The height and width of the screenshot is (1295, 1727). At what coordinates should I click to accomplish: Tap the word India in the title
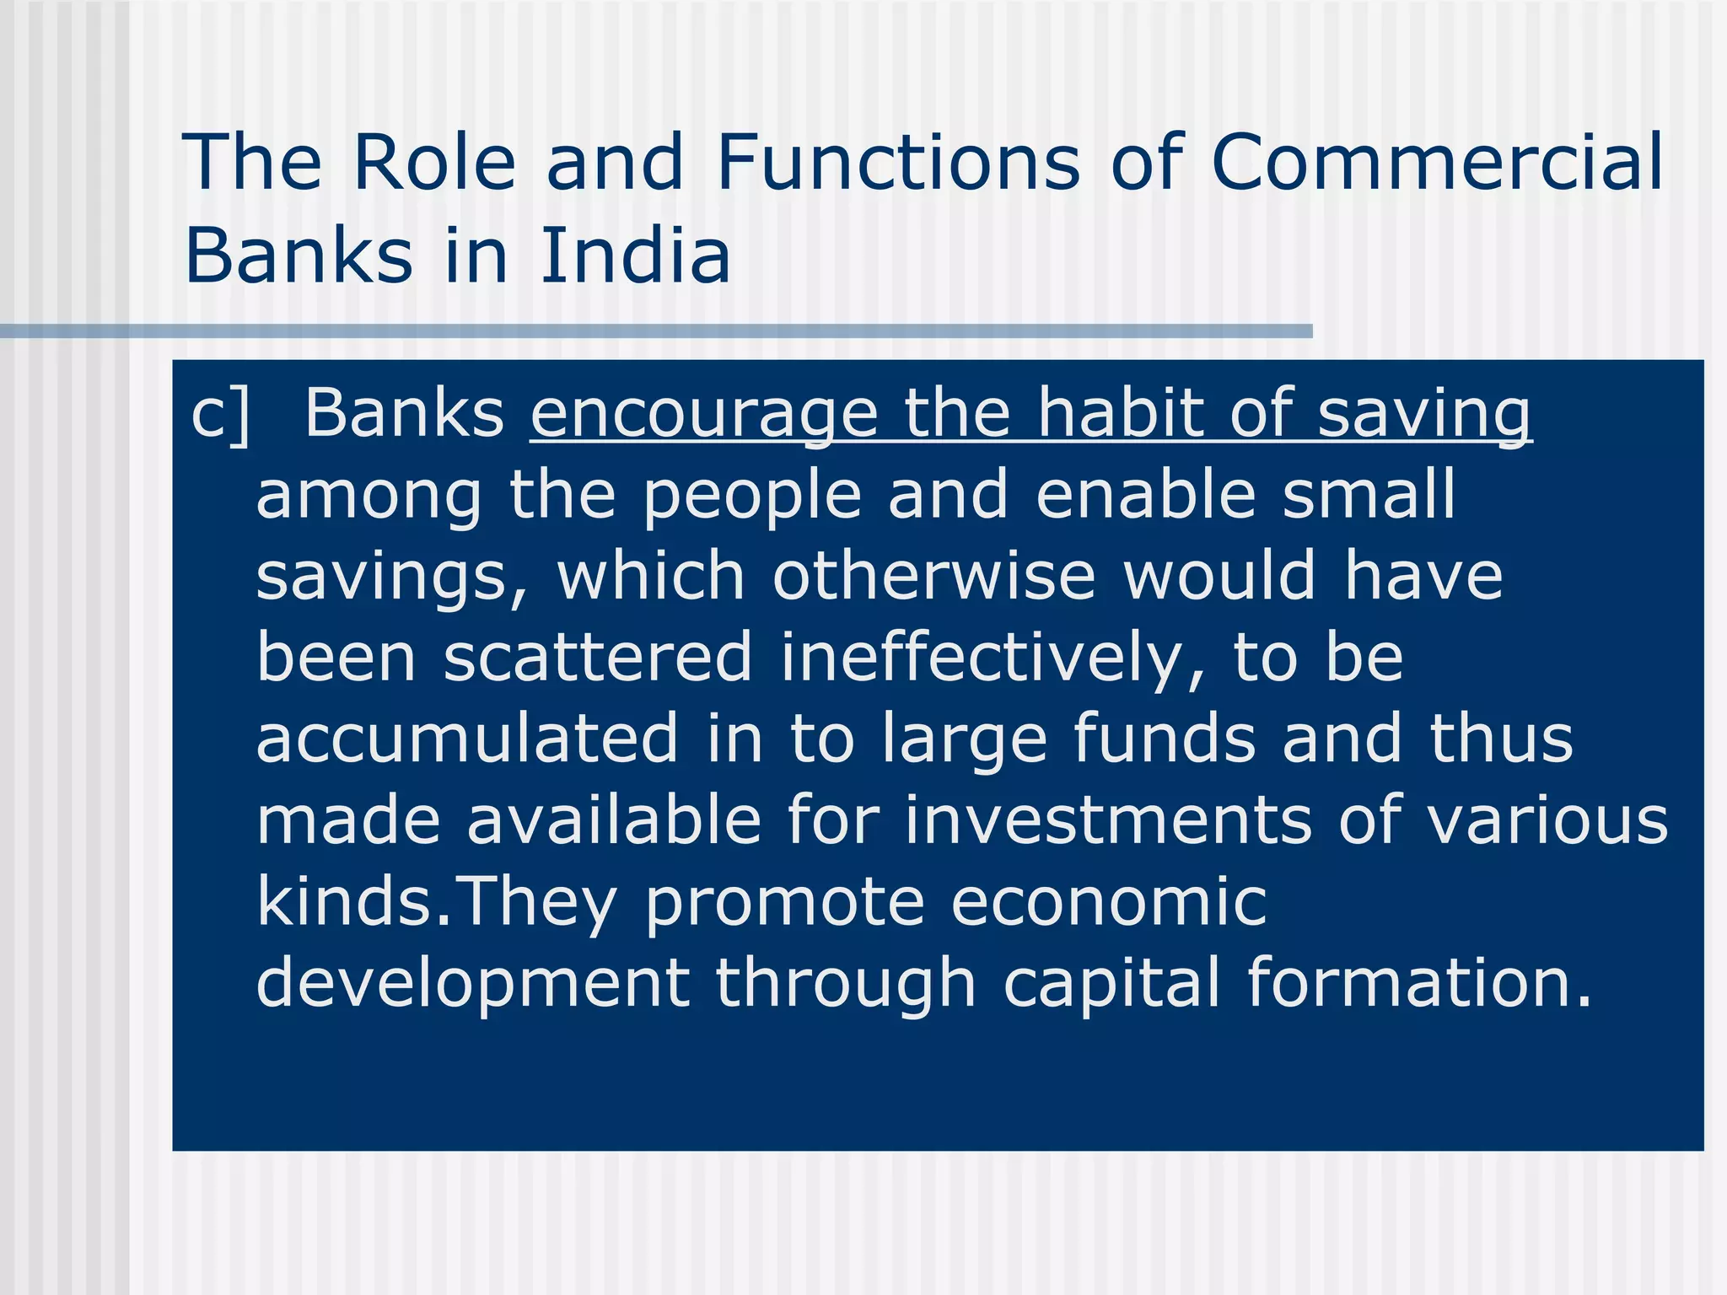(x=634, y=255)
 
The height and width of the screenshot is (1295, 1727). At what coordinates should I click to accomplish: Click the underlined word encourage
(x=704, y=415)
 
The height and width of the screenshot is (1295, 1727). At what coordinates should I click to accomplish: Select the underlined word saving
(x=1423, y=415)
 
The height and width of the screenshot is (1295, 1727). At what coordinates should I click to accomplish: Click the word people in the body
(x=752, y=497)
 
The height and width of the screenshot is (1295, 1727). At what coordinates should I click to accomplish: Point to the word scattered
(x=597, y=657)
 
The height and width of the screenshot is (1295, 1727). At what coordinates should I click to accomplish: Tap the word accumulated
(x=466, y=738)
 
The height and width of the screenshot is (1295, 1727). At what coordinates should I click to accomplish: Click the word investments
(x=1108, y=819)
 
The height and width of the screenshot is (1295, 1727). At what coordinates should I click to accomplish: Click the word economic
(x=1108, y=901)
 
